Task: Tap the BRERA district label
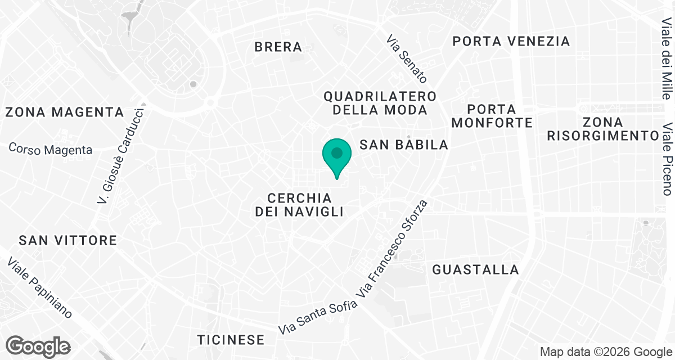pyautogui.click(x=278, y=47)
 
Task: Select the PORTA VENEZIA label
pyautogui.click(x=511, y=41)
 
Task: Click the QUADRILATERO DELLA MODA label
pyautogui.click(x=380, y=103)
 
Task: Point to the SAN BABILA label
pyautogui.click(x=404, y=145)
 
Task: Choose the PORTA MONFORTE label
pyautogui.click(x=492, y=115)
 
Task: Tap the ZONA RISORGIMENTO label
pyautogui.click(x=602, y=129)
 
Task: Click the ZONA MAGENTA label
pyautogui.click(x=64, y=112)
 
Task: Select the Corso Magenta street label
pyautogui.click(x=51, y=149)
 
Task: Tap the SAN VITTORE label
pyautogui.click(x=67, y=241)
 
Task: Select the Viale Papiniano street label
pyautogui.click(x=40, y=288)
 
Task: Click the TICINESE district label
pyautogui.click(x=231, y=340)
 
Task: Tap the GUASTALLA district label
pyautogui.click(x=475, y=270)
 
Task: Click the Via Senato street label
pyautogui.click(x=407, y=59)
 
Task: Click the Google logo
pyautogui.click(x=38, y=346)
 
